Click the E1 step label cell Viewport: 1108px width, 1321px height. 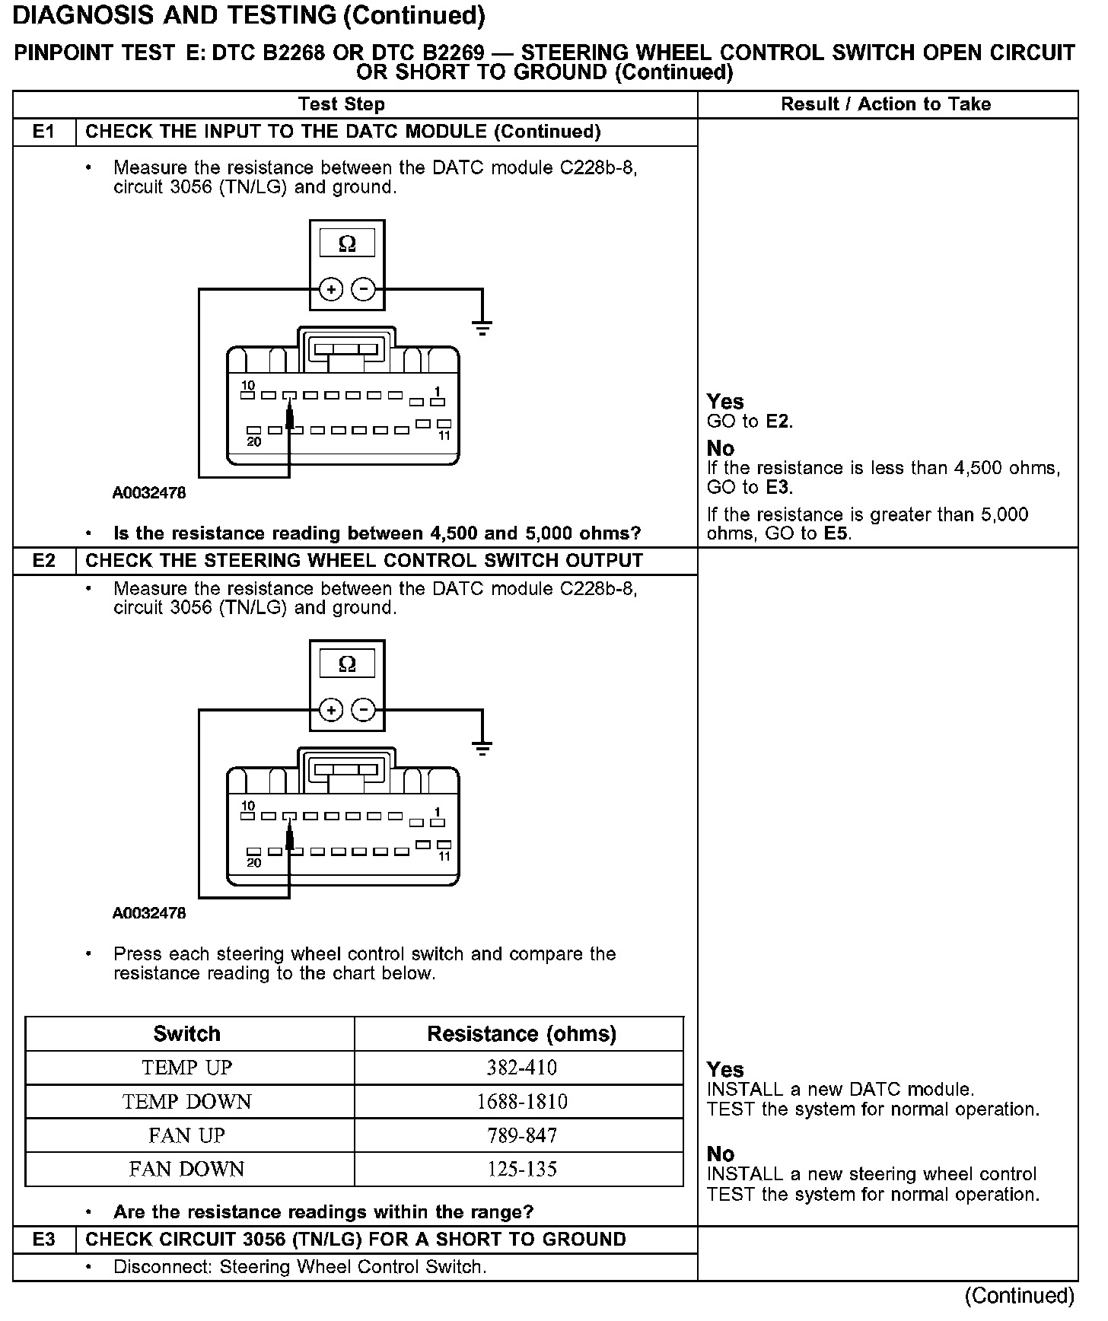click(x=44, y=132)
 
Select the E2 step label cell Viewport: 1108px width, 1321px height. click(x=44, y=561)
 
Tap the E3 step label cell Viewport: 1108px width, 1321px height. click(x=44, y=1240)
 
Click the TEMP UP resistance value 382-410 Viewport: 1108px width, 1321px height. click(x=522, y=1068)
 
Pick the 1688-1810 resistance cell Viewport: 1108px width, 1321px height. click(x=522, y=1102)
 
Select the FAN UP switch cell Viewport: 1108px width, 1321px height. click(x=187, y=1135)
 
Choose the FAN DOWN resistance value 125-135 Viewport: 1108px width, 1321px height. click(x=522, y=1169)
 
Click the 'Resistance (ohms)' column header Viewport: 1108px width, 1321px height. click(x=522, y=1033)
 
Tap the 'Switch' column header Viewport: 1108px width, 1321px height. click(x=187, y=1033)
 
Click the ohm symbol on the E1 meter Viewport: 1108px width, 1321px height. click(x=347, y=244)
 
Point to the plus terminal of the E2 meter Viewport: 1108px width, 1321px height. click(x=330, y=711)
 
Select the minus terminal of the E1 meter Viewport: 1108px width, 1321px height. click(x=364, y=290)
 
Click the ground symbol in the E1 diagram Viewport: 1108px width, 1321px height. click(x=482, y=328)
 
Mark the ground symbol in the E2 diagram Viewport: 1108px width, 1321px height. click(x=482, y=748)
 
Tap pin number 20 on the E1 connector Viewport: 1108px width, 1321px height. click(x=254, y=441)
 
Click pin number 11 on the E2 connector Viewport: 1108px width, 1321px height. click(x=444, y=856)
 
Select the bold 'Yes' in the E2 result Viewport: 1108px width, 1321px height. click(x=725, y=1069)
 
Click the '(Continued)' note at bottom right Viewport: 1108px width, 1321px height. click(x=1019, y=1296)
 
